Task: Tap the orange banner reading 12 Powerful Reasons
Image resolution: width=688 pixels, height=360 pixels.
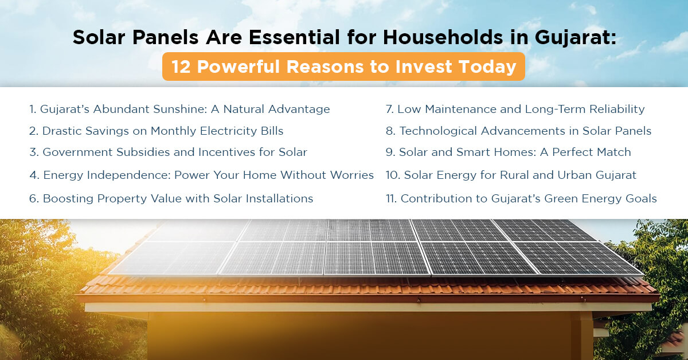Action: click(x=343, y=67)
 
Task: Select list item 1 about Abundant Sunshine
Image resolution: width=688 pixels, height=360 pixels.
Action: click(x=179, y=109)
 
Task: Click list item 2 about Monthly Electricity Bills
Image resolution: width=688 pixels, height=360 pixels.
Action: click(x=156, y=131)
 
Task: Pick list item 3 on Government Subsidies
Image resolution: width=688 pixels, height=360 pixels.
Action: click(x=168, y=152)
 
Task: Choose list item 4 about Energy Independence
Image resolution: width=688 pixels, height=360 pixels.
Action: click(x=201, y=175)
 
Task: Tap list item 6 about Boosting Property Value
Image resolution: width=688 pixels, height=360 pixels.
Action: click(x=171, y=198)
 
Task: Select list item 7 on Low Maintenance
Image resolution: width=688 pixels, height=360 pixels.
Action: click(x=515, y=109)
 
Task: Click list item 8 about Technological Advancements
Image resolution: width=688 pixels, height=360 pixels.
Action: click(x=518, y=131)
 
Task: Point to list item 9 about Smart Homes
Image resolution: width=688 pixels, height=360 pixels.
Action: click(x=508, y=152)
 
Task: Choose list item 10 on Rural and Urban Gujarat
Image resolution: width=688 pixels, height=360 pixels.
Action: click(x=511, y=175)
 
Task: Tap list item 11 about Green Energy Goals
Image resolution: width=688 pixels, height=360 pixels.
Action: click(x=521, y=198)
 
